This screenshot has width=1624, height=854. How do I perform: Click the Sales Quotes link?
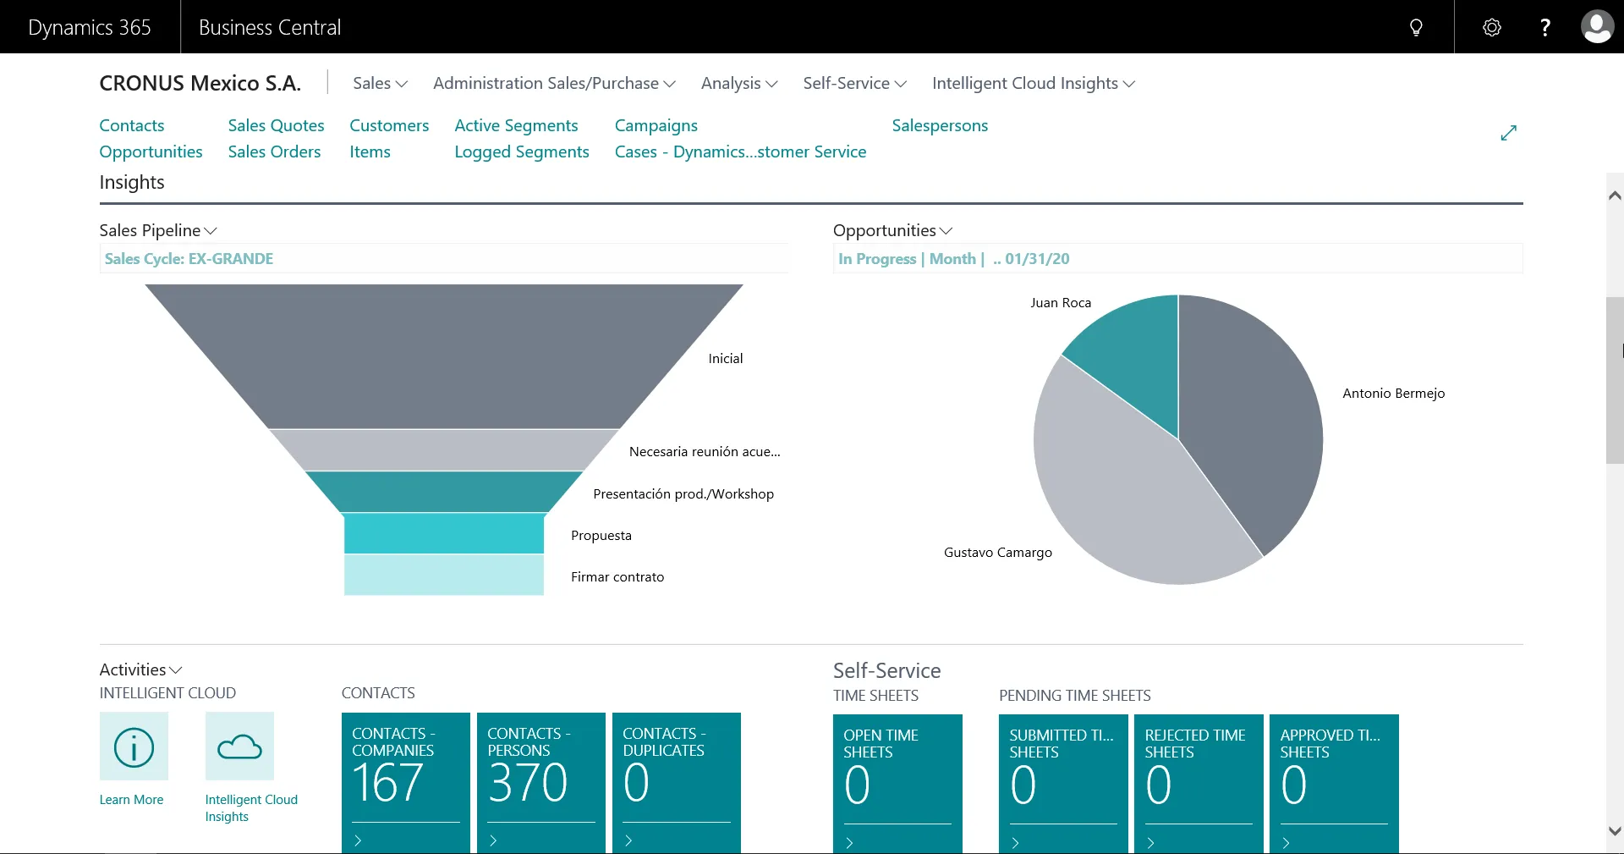pyautogui.click(x=276, y=125)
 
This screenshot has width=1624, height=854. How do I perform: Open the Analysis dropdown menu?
pyautogui.click(x=738, y=83)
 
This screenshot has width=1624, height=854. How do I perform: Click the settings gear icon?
pyautogui.click(x=1492, y=27)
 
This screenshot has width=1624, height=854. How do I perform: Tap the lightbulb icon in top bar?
pyautogui.click(x=1416, y=27)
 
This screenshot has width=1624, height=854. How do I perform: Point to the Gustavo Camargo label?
pyautogui.click(x=997, y=552)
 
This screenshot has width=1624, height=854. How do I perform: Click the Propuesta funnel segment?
pyautogui.click(x=443, y=533)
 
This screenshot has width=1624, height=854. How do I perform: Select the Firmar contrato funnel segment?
pyautogui.click(x=443, y=575)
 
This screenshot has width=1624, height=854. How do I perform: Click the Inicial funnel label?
pyautogui.click(x=725, y=358)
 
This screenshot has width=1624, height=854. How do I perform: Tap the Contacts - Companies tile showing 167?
pyautogui.click(x=405, y=779)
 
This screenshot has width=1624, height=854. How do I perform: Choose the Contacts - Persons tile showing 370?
pyautogui.click(x=540, y=779)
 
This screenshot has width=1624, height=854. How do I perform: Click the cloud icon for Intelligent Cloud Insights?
pyautogui.click(x=239, y=746)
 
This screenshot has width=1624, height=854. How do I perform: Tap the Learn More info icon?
pyautogui.click(x=134, y=746)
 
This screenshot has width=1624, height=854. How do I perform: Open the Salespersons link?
pyautogui.click(x=939, y=125)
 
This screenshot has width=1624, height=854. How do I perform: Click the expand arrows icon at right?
pyautogui.click(x=1508, y=133)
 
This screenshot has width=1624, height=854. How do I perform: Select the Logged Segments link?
pyautogui.click(x=521, y=152)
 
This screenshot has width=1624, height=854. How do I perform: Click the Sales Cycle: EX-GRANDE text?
pyautogui.click(x=189, y=258)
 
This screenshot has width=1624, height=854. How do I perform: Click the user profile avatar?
pyautogui.click(x=1596, y=27)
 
